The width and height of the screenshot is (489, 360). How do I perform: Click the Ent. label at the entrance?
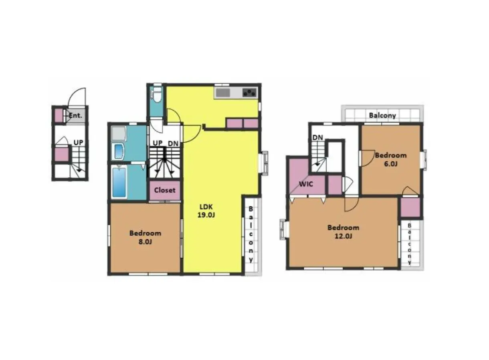tap(75, 115)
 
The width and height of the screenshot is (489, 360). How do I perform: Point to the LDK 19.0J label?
tap(206, 211)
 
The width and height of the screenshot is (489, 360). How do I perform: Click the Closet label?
tap(165, 190)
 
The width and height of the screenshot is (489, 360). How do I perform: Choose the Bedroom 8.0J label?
tap(145, 237)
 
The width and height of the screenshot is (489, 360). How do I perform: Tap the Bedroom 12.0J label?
tap(343, 232)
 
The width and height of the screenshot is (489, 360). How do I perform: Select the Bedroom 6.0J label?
tap(391, 159)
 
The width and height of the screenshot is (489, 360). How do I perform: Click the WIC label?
tap(306, 184)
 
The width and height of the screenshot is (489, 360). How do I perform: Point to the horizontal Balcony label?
tap(382, 115)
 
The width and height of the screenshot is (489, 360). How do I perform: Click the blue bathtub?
tap(119, 182)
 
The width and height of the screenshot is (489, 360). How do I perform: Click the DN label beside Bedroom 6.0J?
tap(317, 138)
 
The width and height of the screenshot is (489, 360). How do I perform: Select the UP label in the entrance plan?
tap(79, 143)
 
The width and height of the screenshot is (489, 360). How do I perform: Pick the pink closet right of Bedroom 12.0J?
tap(410, 207)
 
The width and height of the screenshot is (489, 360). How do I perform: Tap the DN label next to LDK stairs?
tap(173, 144)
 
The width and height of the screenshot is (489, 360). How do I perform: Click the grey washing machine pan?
tap(119, 133)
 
